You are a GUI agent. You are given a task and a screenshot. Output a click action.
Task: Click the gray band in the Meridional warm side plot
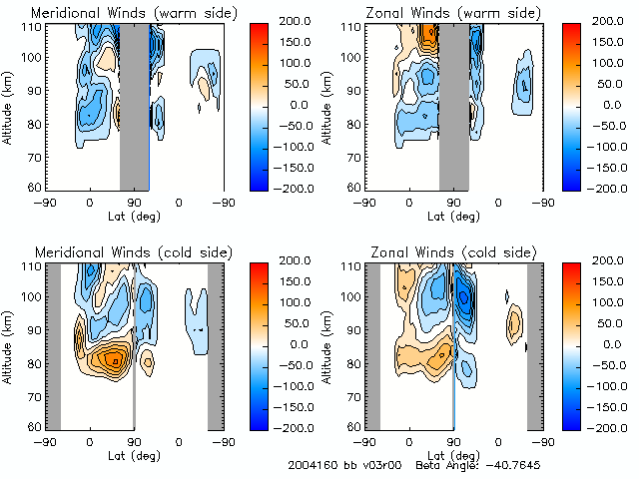tap(134, 105)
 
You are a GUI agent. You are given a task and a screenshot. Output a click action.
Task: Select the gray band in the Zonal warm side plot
tap(453, 105)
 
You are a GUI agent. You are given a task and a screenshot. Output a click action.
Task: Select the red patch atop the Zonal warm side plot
tap(430, 35)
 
